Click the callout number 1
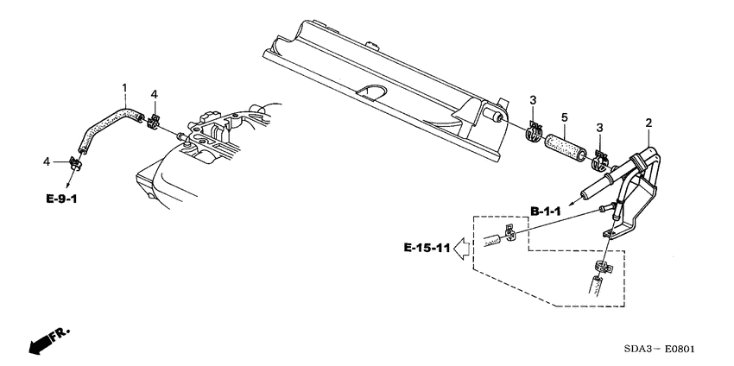point(124,87)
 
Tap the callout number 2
point(647,123)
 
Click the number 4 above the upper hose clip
point(154,94)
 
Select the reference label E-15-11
point(427,249)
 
